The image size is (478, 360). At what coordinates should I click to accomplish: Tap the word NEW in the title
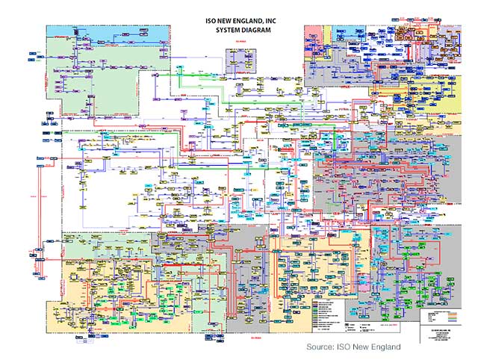[x=220, y=22]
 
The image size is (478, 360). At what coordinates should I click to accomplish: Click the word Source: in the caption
[x=321, y=347]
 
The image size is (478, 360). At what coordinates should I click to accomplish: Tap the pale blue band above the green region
[x=105, y=33]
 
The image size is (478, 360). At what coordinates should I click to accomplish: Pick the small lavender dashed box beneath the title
[x=238, y=57]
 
